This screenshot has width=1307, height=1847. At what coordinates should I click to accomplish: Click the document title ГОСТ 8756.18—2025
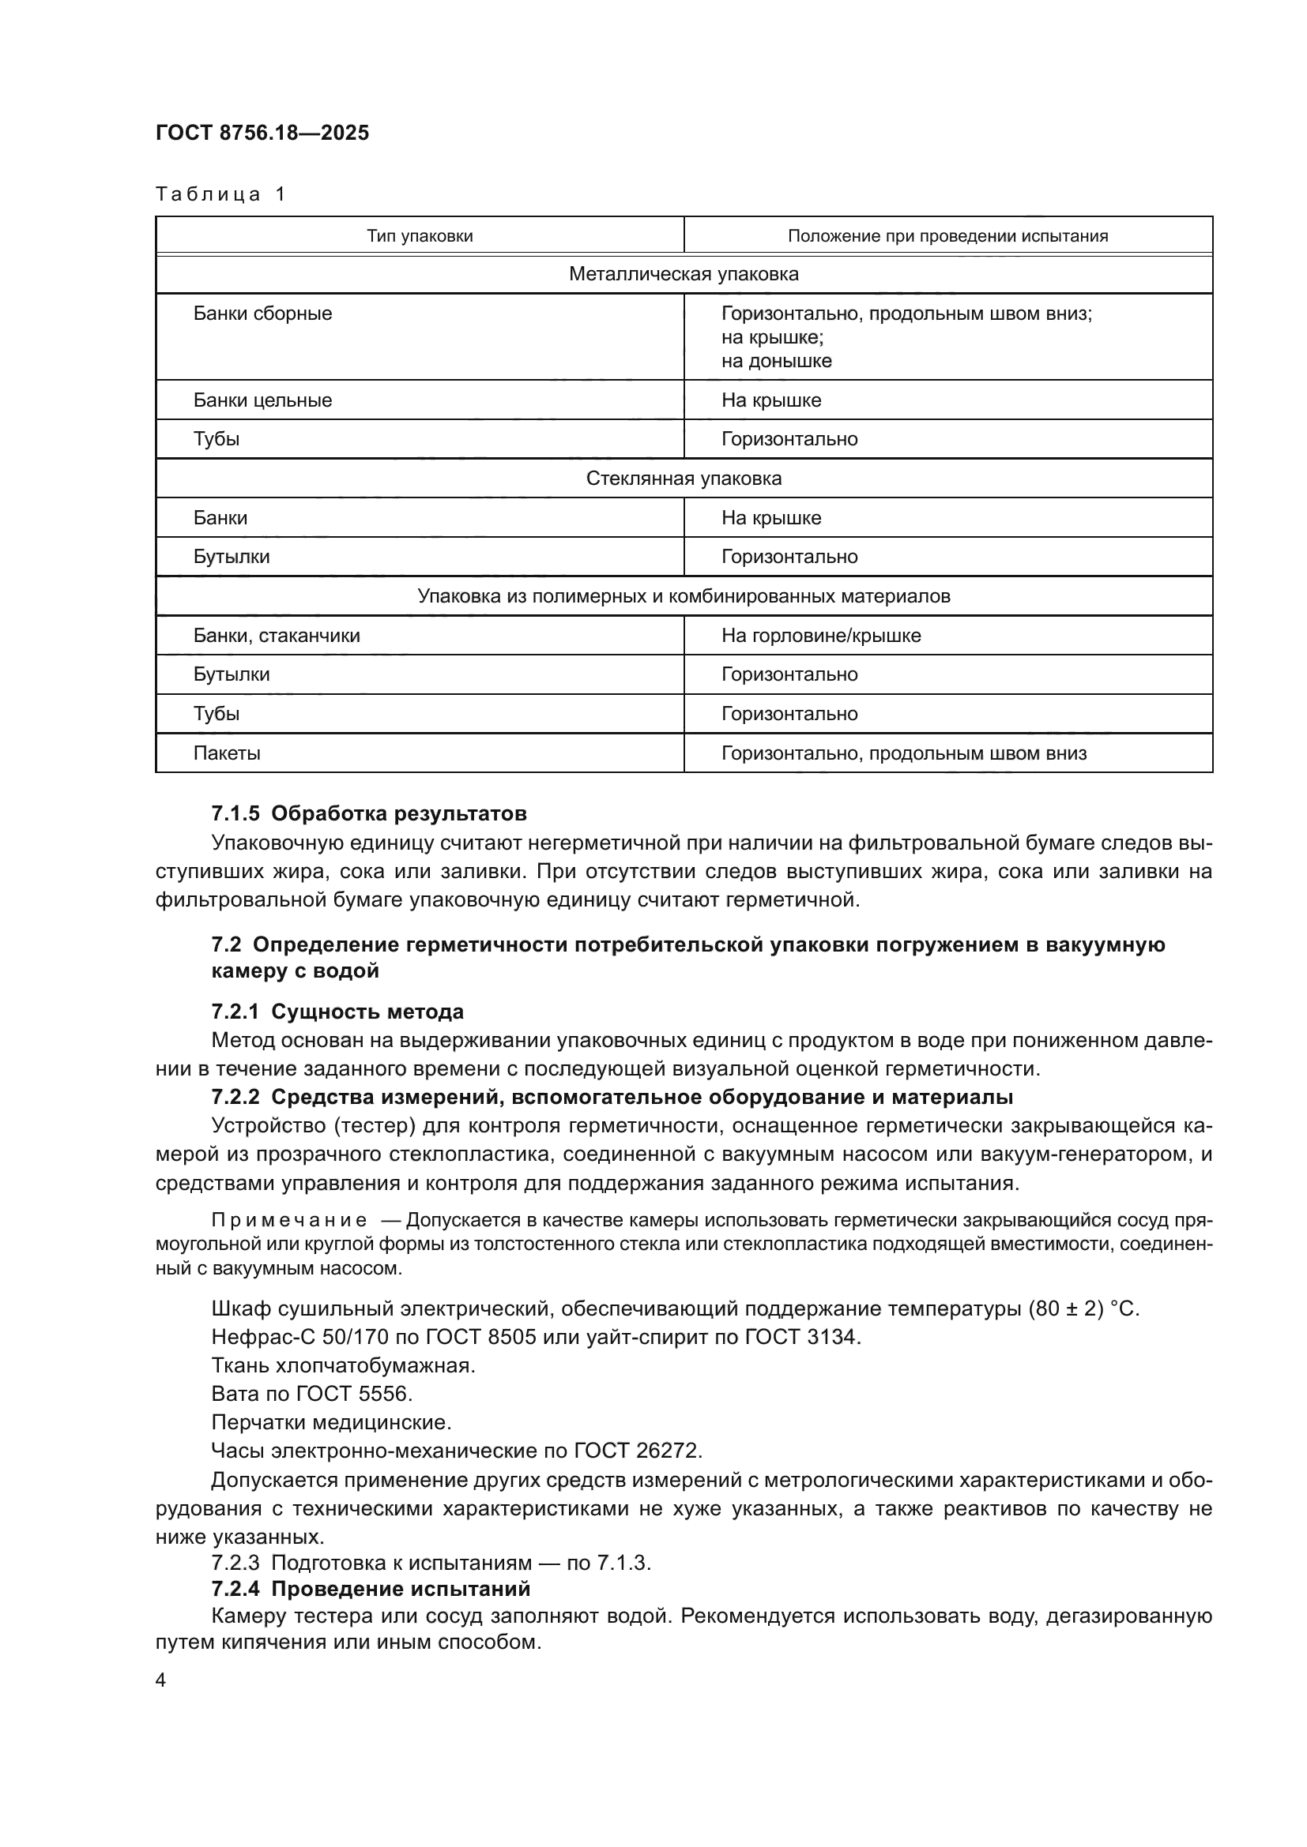[x=262, y=133]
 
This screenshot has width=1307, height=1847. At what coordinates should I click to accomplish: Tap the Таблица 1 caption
[x=220, y=194]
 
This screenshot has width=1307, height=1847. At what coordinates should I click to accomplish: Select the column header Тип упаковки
[x=420, y=235]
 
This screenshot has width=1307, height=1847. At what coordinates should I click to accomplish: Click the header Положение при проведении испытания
[x=947, y=235]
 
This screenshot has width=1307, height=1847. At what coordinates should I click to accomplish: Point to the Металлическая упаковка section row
[x=684, y=274]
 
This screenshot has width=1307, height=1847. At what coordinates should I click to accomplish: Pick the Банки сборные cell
[x=262, y=313]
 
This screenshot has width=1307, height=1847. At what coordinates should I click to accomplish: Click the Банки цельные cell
[x=262, y=400]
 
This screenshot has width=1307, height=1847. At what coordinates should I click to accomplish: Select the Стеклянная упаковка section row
[x=684, y=479]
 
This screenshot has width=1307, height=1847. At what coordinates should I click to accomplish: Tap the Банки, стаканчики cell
[x=276, y=636]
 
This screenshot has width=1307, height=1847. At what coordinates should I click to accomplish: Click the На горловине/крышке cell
[x=820, y=636]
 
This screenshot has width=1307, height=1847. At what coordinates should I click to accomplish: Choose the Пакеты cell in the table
[x=226, y=753]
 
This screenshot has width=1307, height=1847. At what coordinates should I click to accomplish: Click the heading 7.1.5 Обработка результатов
[x=368, y=813]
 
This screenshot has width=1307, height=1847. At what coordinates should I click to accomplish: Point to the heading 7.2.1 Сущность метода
[x=337, y=1012]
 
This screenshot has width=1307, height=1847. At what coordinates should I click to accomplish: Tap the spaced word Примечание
[x=289, y=1220]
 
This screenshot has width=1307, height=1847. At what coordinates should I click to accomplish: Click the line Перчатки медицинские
[x=331, y=1422]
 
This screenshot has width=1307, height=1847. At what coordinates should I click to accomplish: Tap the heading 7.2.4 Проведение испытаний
[x=370, y=1589]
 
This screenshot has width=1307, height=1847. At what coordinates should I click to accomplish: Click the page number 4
[x=160, y=1680]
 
